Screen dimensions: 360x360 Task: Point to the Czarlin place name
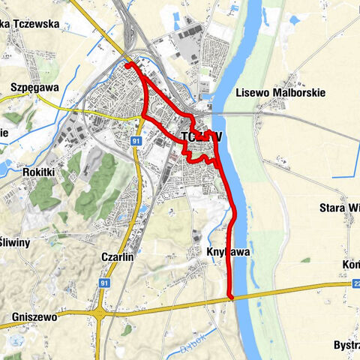(116, 256)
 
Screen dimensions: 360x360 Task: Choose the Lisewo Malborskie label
(280, 93)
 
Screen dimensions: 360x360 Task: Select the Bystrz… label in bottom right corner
(346, 344)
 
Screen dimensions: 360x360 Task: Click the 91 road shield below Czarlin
(104, 283)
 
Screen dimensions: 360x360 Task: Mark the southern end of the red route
(230, 297)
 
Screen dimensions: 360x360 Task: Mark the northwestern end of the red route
(128, 66)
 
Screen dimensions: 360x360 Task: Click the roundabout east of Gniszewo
(100, 311)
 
